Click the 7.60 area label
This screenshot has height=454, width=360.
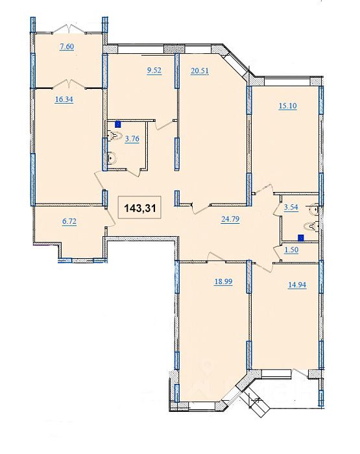(x=67, y=47)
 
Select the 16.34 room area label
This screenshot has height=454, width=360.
(x=64, y=100)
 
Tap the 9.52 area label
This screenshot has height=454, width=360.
(x=154, y=71)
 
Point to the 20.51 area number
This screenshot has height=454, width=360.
(x=200, y=71)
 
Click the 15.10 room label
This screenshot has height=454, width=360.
(x=287, y=106)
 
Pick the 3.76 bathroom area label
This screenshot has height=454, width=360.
(x=132, y=139)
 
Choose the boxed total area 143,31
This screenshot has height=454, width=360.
(x=140, y=208)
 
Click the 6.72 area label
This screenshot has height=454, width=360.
(x=69, y=222)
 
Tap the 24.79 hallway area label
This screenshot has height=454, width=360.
(x=230, y=219)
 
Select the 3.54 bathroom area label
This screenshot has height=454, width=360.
(x=291, y=208)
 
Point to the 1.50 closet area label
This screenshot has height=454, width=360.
(x=291, y=250)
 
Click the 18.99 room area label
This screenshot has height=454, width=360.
(x=223, y=281)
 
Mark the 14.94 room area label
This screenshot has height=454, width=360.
(x=297, y=285)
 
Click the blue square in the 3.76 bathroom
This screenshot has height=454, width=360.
(x=118, y=125)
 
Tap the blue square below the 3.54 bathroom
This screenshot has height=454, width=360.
(x=301, y=238)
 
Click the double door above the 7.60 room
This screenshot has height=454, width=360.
(x=69, y=29)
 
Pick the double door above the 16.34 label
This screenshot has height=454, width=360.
(x=69, y=83)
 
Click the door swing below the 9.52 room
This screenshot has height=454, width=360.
(x=164, y=125)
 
